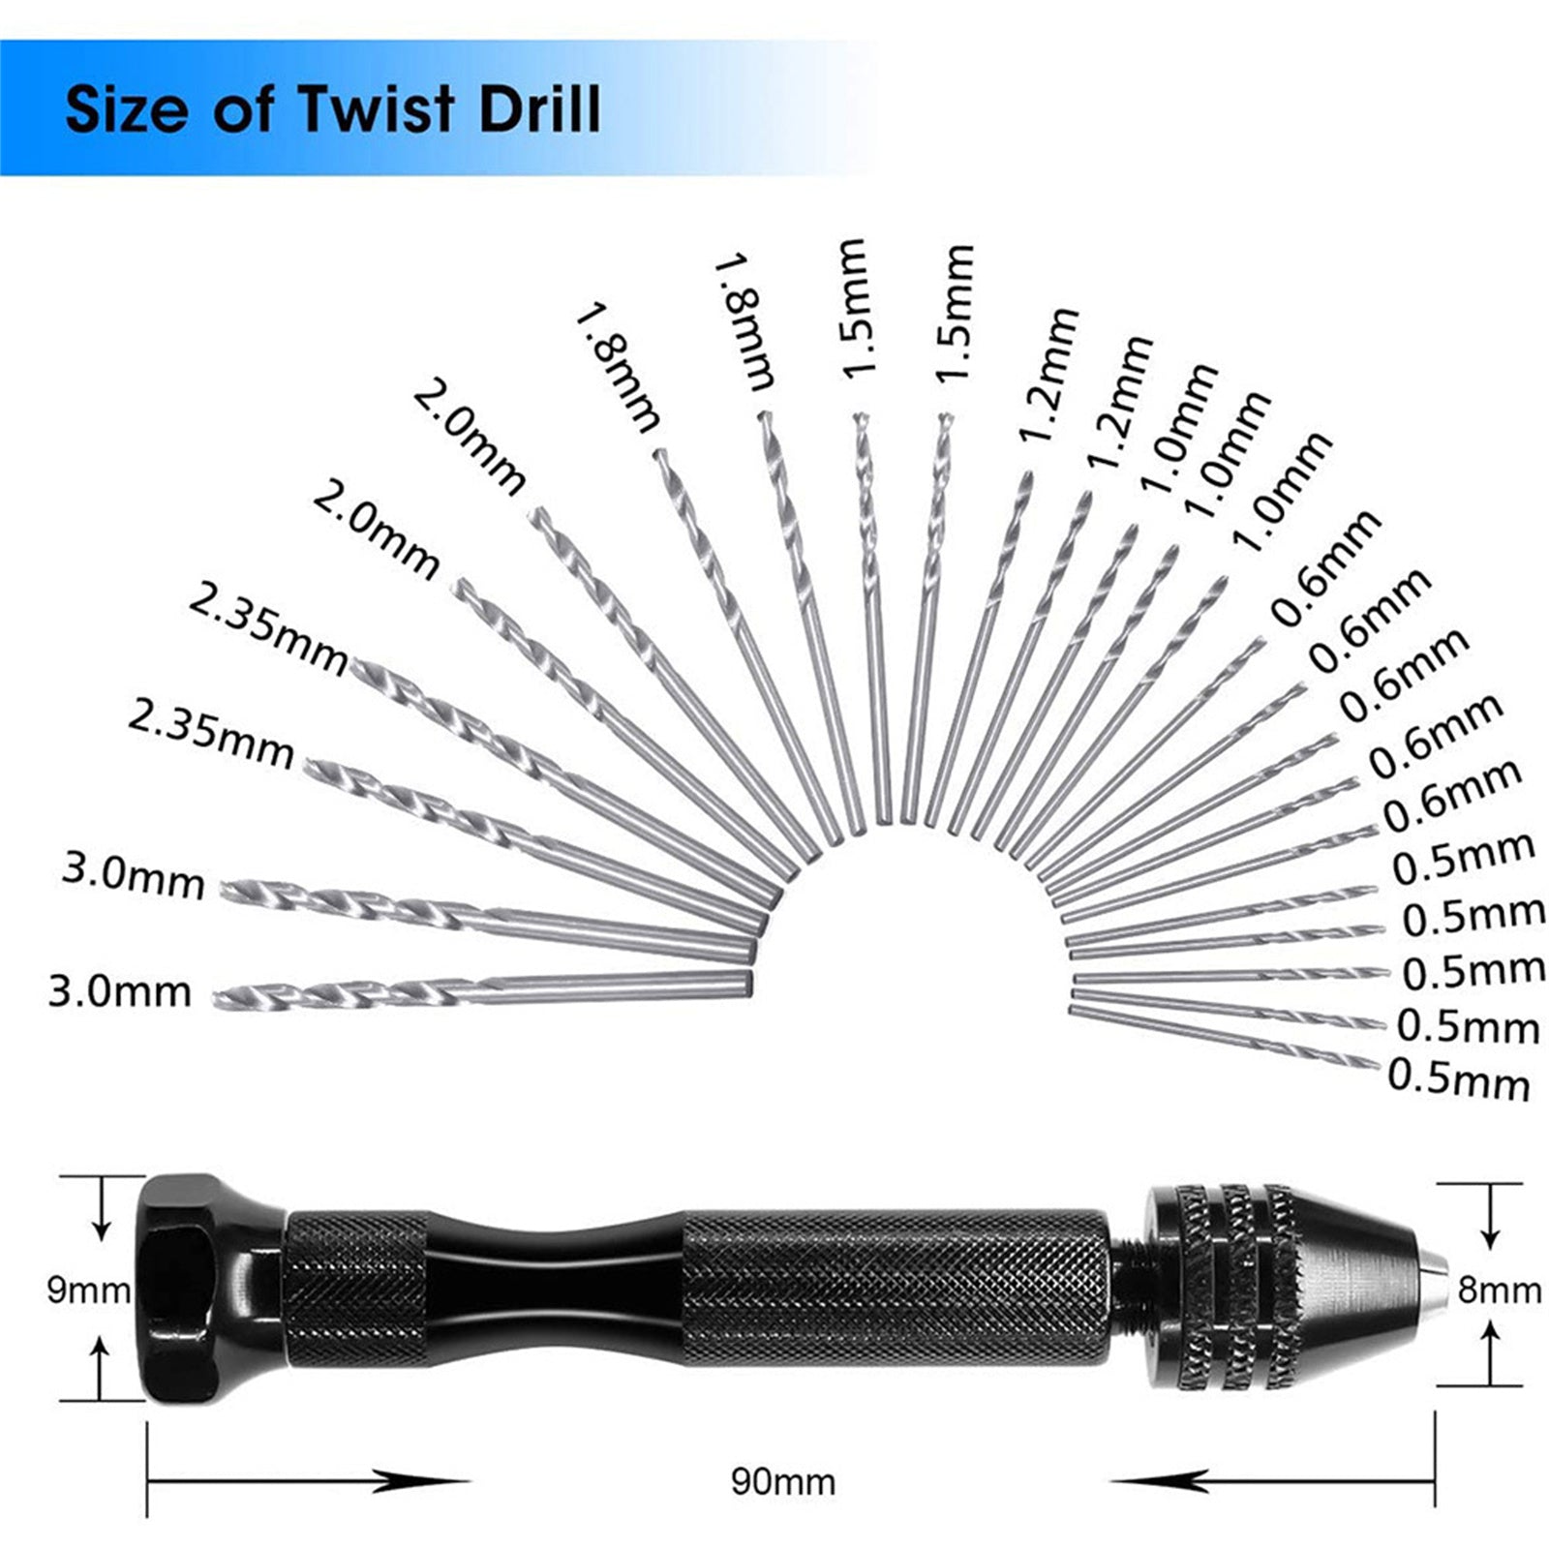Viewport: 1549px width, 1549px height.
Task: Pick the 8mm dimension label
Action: tap(1500, 1291)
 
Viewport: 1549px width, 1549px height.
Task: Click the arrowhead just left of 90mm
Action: tap(416, 1481)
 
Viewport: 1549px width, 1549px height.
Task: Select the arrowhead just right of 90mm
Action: tap(1162, 1481)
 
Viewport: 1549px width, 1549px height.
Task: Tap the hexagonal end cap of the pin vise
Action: tap(203, 1288)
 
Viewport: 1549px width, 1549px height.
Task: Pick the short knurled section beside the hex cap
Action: tap(355, 1291)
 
